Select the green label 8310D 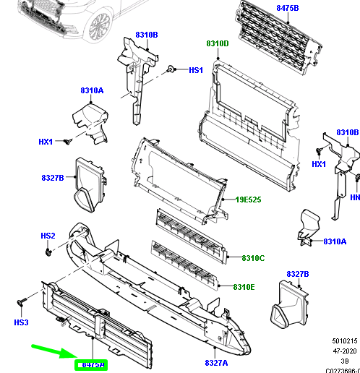[217, 43]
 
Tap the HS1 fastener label [197, 70]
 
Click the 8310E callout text [244, 287]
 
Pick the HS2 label [48, 236]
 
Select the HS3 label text [20, 322]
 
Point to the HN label [354, 197]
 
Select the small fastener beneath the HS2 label [48, 252]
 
